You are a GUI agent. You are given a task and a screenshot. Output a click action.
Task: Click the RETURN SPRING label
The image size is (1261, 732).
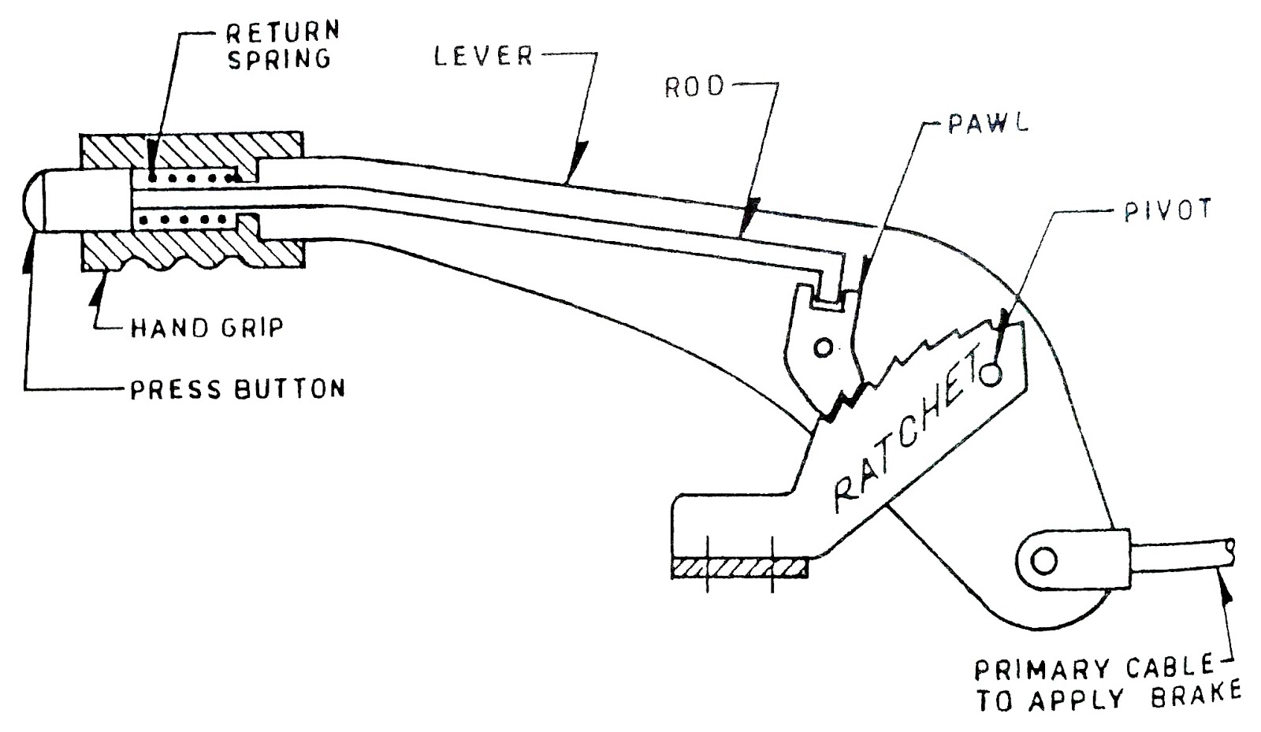click(282, 45)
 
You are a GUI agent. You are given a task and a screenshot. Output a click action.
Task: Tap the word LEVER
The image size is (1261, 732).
click(483, 57)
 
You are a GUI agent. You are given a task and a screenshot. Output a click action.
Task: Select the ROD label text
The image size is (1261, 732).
click(694, 87)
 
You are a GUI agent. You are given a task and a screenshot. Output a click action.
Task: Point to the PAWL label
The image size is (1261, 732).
click(988, 125)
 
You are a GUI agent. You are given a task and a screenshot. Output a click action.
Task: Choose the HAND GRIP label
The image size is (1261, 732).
click(206, 327)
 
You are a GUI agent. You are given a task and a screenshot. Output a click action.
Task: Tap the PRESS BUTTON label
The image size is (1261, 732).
click(237, 388)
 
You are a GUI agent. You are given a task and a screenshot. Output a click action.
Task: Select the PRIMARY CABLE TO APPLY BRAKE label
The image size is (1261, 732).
click(1107, 682)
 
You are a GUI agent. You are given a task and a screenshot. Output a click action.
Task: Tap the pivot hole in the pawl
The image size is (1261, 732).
click(823, 347)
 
